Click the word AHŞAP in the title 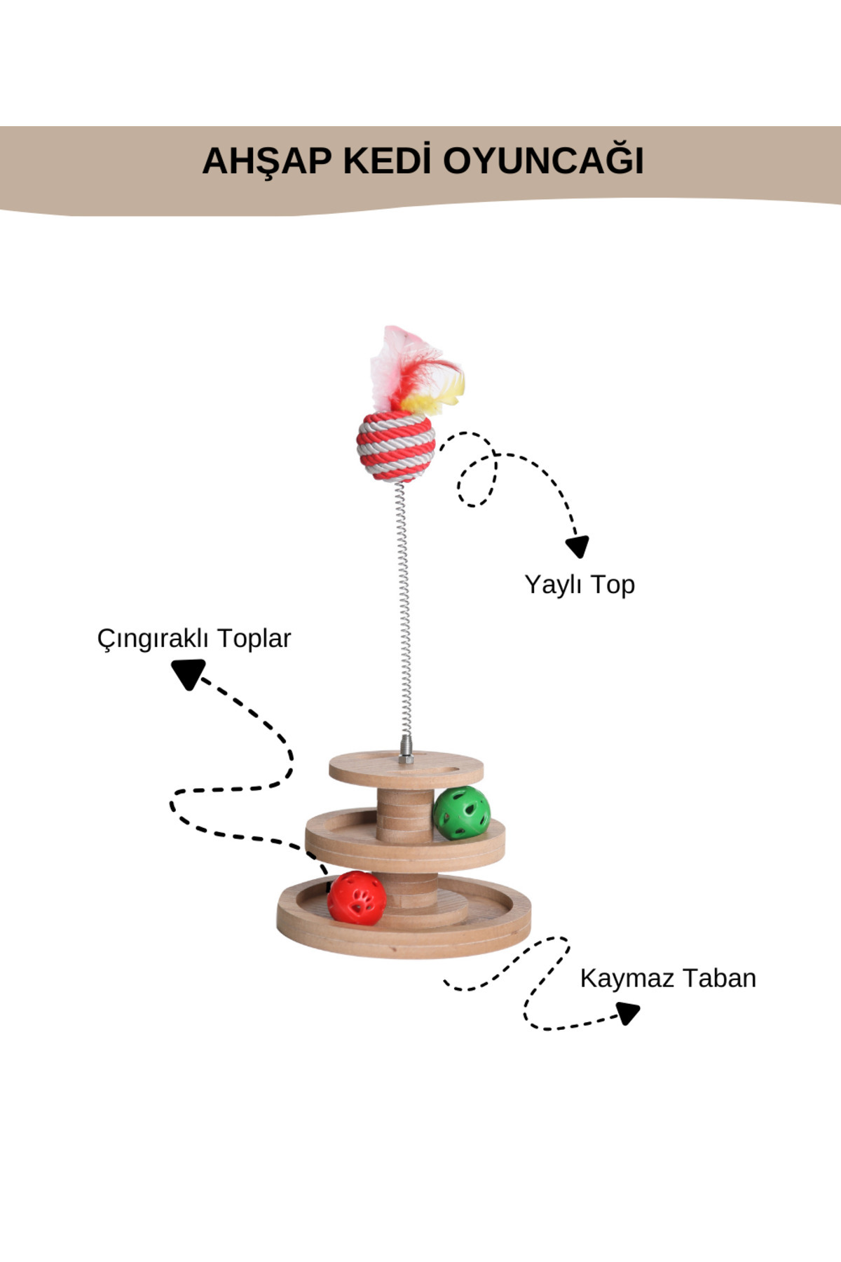266,161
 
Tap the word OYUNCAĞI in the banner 543,161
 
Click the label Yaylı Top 580,584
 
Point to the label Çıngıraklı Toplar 193,638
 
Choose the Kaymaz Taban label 667,978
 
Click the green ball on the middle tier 460,813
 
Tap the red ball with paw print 357,897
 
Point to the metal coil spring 402,610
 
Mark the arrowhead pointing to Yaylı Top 577,546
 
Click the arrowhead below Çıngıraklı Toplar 188,674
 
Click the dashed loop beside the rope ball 477,480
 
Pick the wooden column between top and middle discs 404,813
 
